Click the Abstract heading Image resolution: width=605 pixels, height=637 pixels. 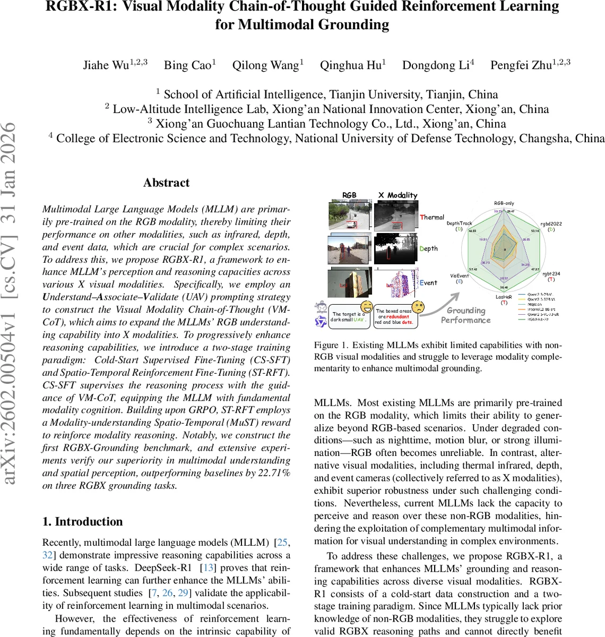coord(166,183)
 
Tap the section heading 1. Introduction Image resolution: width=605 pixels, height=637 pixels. coord(82,521)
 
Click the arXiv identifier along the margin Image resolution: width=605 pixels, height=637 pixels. coord(10,303)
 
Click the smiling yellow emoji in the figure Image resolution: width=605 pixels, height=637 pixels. coord(367,306)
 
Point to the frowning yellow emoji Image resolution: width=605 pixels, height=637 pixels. coord(418,306)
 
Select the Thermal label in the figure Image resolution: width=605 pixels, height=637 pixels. coord(432,217)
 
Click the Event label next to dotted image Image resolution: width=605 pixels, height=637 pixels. coord(428,283)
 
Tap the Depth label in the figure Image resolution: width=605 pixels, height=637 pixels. coord(429,248)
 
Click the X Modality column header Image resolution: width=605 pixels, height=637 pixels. coord(397,195)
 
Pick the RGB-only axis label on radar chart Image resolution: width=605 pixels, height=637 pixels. coord(504,203)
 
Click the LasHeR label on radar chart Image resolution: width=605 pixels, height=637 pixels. coord(504,297)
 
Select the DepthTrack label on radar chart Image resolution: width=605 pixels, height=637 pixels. coord(459,223)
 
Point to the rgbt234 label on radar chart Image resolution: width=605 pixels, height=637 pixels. coord(550,274)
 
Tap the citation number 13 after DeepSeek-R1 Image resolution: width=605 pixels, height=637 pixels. coord(209,567)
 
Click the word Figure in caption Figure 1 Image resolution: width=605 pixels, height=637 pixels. coord(326,345)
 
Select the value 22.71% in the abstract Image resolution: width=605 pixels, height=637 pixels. coord(273,473)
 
